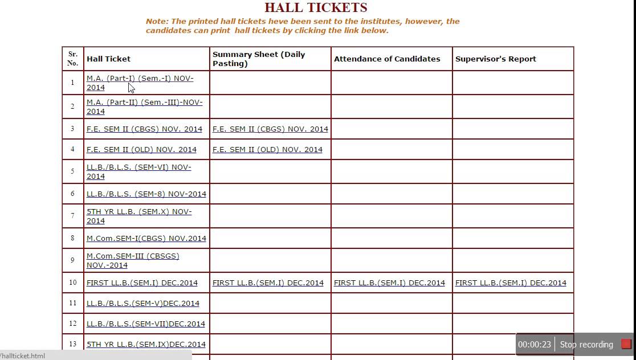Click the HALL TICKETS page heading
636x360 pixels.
(x=316, y=7)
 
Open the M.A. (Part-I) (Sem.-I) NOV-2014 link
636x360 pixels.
(x=140, y=79)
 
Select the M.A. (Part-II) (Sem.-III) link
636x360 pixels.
(x=144, y=103)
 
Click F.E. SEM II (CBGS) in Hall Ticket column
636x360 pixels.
(x=144, y=129)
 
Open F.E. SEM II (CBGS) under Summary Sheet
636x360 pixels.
(x=270, y=129)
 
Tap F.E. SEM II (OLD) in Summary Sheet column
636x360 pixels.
(x=267, y=150)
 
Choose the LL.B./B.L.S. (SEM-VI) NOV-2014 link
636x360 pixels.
(x=138, y=167)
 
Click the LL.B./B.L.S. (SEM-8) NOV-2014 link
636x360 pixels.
(x=146, y=194)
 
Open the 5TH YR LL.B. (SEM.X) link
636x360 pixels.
(x=138, y=212)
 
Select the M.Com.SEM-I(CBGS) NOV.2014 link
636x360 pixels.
(x=146, y=239)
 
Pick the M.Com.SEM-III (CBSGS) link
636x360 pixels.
(x=133, y=256)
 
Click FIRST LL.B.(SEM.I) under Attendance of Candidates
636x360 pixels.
(x=389, y=283)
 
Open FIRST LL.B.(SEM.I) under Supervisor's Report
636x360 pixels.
(x=511, y=283)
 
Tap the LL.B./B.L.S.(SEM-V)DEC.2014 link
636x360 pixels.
(x=143, y=304)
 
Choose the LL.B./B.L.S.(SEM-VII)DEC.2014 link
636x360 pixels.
(x=146, y=324)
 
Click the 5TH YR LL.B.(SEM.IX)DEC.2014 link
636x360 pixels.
(x=146, y=345)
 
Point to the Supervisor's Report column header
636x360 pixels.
(x=495, y=59)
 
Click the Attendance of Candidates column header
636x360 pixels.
(x=387, y=59)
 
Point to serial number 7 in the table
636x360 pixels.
(x=72, y=216)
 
